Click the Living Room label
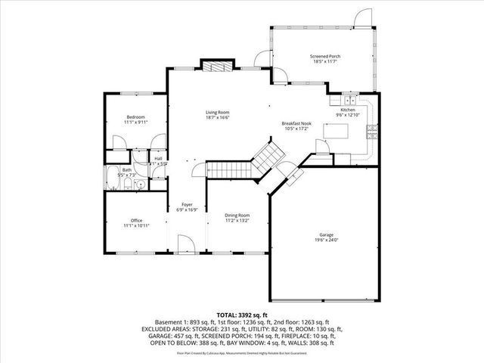tap(217, 113)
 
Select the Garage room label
tap(326, 234)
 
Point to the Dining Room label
tap(237, 216)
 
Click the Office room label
tap(136, 221)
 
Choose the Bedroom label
tap(136, 116)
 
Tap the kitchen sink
tap(350, 99)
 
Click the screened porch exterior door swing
tap(364, 17)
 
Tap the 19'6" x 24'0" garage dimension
tap(326, 240)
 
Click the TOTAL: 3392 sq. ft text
tap(242, 313)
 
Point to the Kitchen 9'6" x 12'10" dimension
tap(348, 115)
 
